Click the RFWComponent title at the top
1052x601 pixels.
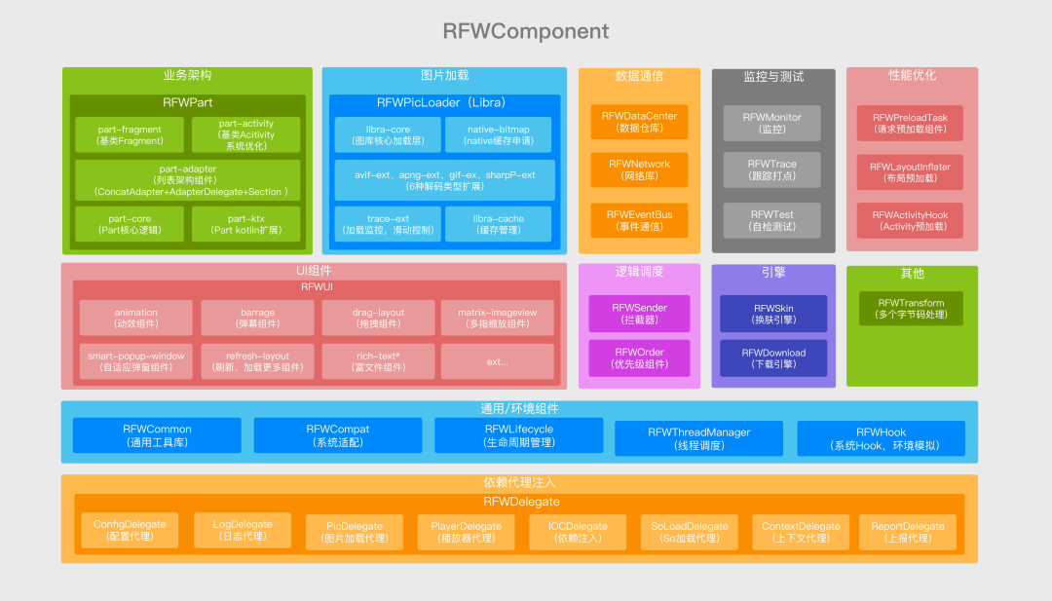click(x=526, y=31)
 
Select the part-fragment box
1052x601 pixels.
click(x=130, y=134)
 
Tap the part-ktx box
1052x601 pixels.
click(x=245, y=224)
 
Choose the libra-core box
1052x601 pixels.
click(x=388, y=134)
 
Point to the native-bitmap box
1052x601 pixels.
click(x=498, y=134)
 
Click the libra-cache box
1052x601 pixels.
click(x=498, y=224)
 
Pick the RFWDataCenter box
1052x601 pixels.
click(x=639, y=122)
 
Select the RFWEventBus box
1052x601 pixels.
click(x=639, y=220)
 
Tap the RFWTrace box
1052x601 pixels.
click(x=771, y=169)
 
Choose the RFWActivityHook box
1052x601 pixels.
click(x=910, y=220)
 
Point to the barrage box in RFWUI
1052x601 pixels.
click(x=257, y=318)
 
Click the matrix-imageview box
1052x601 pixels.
click(x=497, y=318)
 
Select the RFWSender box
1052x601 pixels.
click(x=639, y=313)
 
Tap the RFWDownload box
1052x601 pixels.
click(x=773, y=357)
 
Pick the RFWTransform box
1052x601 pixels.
click(x=911, y=309)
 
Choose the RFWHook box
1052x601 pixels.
click(x=881, y=438)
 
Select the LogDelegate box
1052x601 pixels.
click(x=243, y=530)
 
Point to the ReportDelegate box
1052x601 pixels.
click(x=907, y=532)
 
